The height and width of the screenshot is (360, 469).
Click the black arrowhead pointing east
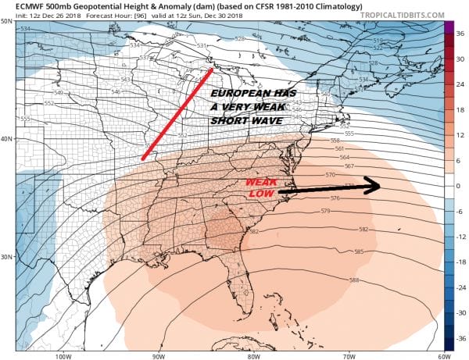click(x=374, y=186)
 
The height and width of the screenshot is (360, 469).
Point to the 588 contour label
click(x=354, y=280)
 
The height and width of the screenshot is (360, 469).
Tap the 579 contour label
click(x=325, y=212)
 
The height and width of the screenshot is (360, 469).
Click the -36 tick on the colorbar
click(x=460, y=339)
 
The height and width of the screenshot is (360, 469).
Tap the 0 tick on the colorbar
click(x=460, y=186)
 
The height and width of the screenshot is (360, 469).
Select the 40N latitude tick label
click(x=7, y=139)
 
